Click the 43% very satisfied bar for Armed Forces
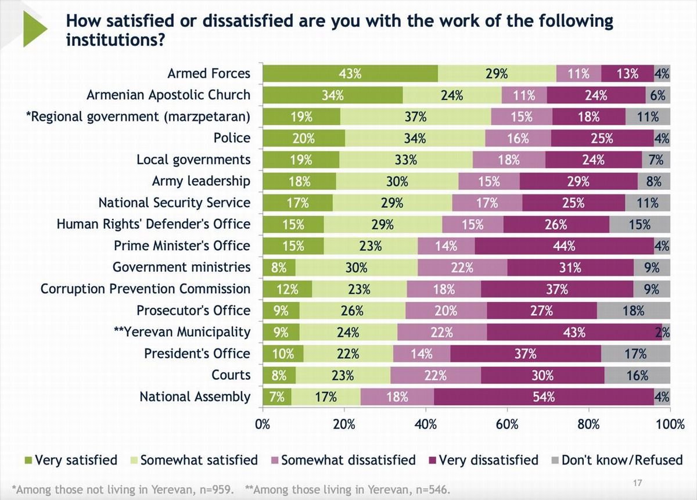click(x=350, y=74)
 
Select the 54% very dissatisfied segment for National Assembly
click(x=544, y=397)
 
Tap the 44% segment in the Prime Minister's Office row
click(x=564, y=246)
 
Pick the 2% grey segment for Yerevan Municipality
click(x=666, y=332)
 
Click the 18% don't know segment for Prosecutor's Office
click(x=633, y=311)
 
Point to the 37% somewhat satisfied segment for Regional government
click(x=416, y=117)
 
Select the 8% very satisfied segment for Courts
click(x=279, y=376)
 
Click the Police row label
click(x=232, y=138)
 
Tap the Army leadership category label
click(x=201, y=181)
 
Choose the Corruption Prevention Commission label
click(x=145, y=289)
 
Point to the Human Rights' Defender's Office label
click(x=153, y=224)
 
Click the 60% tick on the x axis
click(x=507, y=425)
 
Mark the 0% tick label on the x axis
click(x=263, y=425)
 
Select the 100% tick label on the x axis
click(x=670, y=425)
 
